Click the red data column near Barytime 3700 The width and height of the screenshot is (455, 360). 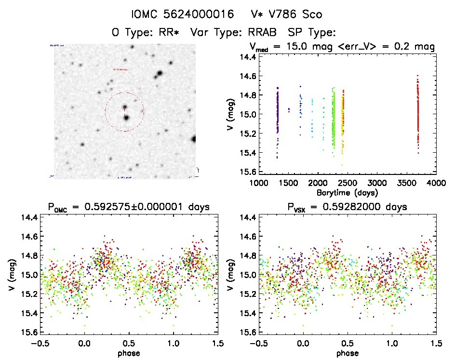(x=418, y=113)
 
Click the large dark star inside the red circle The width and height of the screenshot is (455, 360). (x=126, y=117)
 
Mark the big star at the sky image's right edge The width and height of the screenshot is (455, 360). (x=194, y=139)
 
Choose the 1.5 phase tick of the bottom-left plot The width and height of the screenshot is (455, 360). (x=217, y=343)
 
